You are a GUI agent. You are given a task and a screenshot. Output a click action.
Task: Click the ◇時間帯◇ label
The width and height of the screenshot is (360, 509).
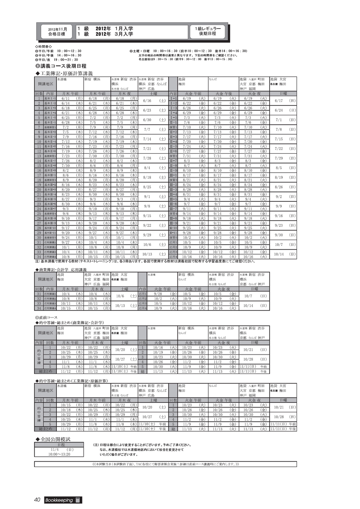point(44,47)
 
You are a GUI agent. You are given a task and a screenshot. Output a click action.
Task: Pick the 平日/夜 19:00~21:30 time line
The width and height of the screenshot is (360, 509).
point(57,59)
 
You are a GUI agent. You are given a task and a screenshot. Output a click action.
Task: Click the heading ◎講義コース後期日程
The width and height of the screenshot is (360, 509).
point(61,66)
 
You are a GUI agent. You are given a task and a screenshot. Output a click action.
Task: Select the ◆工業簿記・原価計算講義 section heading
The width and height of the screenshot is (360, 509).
point(64,73)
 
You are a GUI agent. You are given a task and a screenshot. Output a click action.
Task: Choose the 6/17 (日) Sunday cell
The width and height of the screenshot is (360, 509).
point(285,101)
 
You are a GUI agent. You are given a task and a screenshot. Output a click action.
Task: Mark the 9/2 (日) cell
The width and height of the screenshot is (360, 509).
point(285,197)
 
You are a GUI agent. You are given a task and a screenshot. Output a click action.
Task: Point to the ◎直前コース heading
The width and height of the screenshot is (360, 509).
point(46,318)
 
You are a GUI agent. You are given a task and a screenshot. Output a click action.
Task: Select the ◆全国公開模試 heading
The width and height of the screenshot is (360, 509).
point(54,439)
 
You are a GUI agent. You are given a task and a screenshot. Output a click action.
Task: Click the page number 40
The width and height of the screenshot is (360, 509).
point(37,500)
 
